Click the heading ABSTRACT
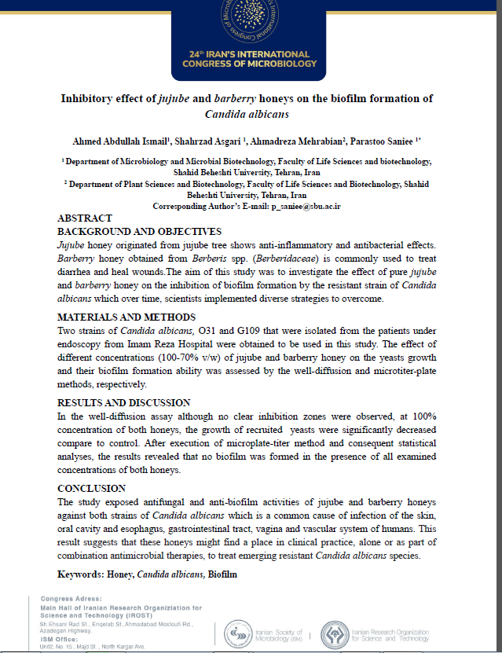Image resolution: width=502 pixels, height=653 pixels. [85, 218]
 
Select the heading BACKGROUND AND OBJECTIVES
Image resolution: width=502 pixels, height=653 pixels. [140, 232]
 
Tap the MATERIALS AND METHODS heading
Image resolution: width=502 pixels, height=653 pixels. [126, 317]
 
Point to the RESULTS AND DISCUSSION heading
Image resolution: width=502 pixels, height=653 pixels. [124, 402]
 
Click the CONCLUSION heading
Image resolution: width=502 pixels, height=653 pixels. [91, 488]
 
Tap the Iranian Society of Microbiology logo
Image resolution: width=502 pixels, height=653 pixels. [238, 633]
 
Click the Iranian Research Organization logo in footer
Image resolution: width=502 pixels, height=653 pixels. [338, 633]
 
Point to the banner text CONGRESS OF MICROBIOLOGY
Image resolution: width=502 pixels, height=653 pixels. [250, 64]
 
